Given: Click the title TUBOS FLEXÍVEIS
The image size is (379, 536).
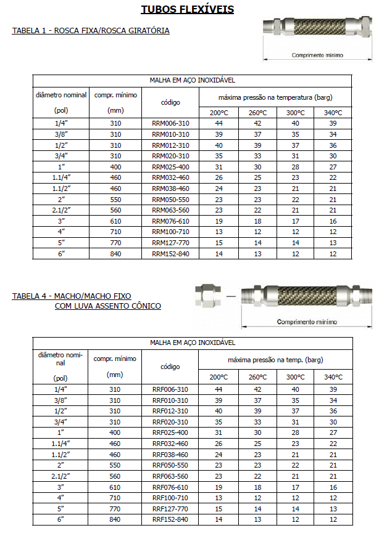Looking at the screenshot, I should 187,9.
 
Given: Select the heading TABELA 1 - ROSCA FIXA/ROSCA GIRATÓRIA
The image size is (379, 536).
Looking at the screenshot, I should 91,30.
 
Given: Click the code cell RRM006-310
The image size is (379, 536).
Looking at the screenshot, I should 170,123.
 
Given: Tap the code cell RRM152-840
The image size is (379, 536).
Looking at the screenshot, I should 170,253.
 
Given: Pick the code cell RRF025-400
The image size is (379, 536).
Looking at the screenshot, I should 170,432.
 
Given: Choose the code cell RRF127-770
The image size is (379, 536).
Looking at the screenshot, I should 170,509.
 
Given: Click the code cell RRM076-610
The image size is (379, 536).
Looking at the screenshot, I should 170,221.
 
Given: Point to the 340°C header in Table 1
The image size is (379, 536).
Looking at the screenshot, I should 333,113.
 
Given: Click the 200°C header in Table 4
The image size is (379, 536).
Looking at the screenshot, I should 219,377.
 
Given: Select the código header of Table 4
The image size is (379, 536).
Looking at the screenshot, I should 170,367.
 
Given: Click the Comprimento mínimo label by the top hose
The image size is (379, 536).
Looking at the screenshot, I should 317,55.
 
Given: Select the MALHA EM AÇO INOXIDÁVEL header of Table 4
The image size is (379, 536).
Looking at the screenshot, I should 192,342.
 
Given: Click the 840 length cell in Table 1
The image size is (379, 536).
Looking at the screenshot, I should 115,253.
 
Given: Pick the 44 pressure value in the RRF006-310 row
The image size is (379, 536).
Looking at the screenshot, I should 219,389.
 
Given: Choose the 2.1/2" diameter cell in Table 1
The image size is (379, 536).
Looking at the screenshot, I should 60,209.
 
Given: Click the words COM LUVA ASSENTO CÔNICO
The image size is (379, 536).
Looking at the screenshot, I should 108,306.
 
